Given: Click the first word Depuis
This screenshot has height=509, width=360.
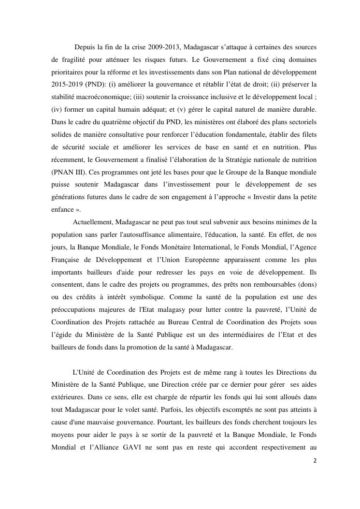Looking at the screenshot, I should click(x=85, y=47).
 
